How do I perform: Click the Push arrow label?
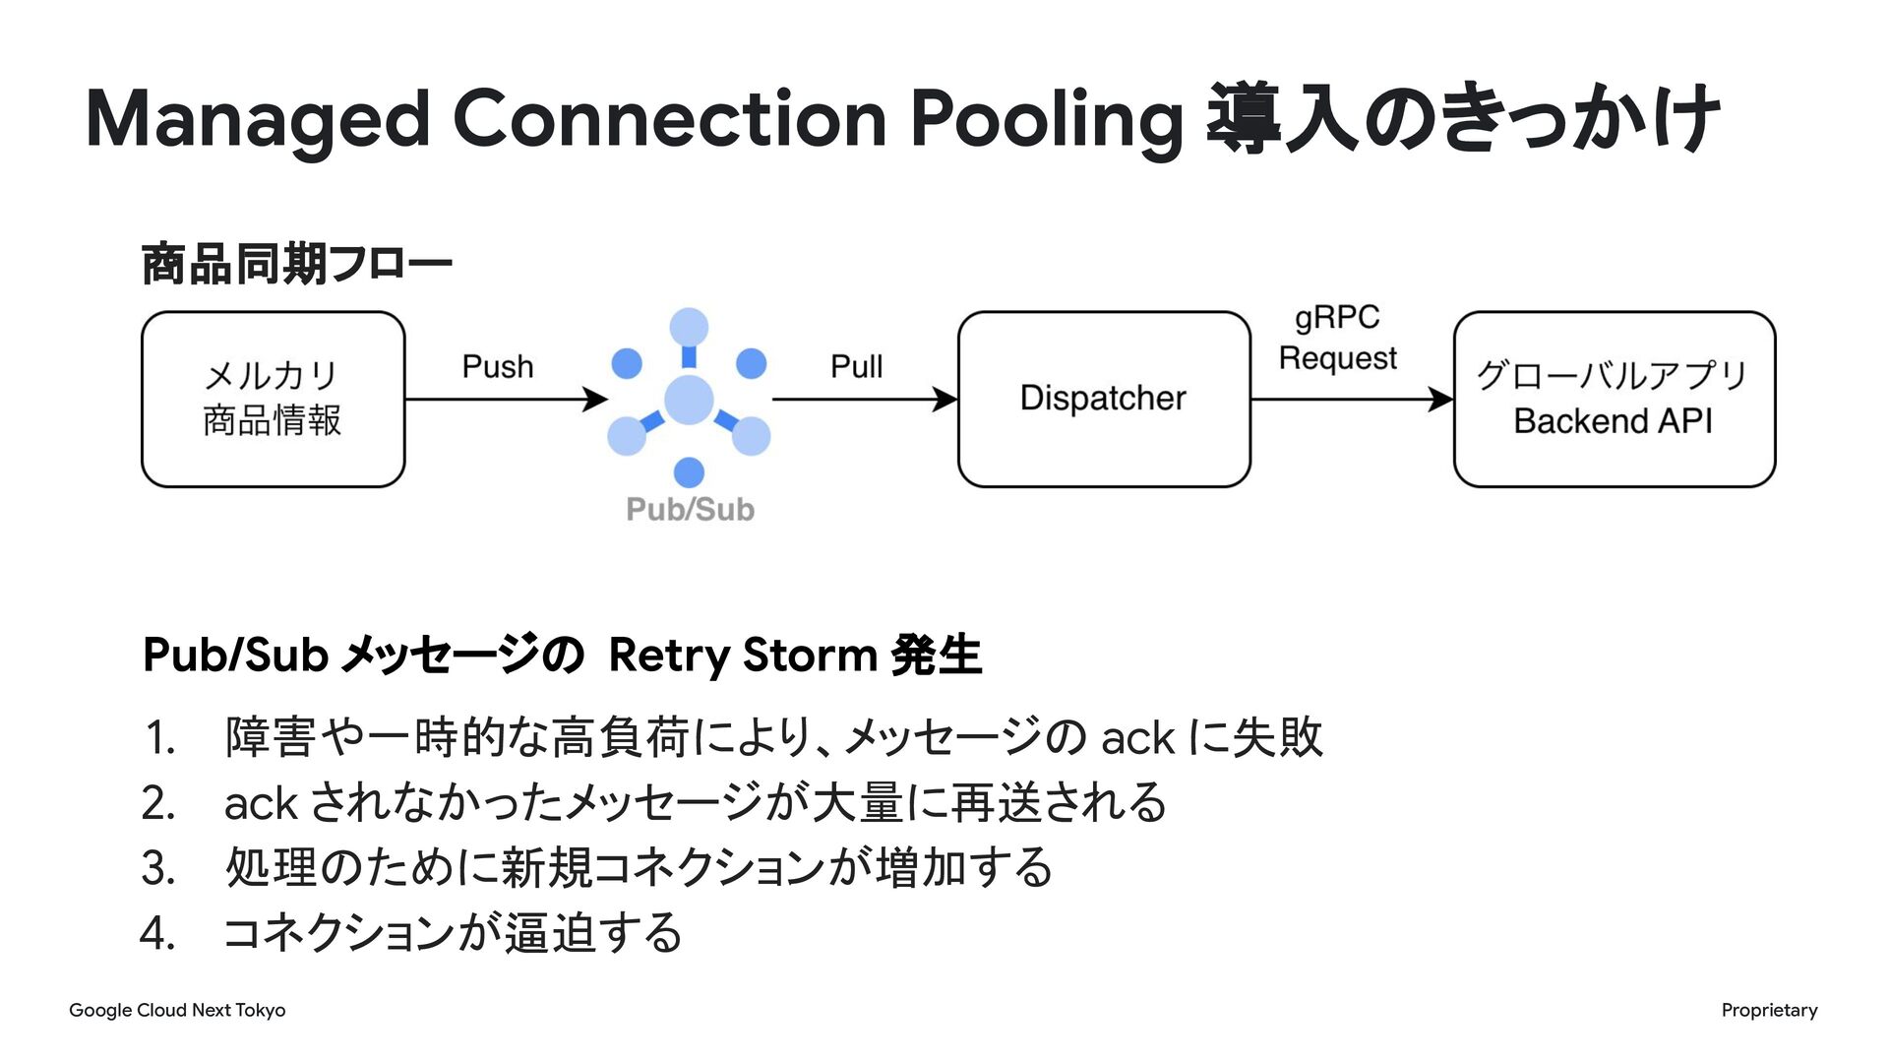(498, 366)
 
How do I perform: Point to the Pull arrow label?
(856, 366)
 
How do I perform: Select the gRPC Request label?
(1337, 338)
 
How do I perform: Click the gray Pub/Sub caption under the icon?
(690, 509)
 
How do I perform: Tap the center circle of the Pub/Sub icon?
(689, 399)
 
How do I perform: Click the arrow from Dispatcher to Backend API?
(1353, 399)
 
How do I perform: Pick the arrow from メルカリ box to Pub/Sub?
(507, 399)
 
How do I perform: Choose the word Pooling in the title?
(1046, 120)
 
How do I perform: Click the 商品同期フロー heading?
(297, 263)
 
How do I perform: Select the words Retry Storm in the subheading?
(743, 656)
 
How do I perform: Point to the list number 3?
(157, 868)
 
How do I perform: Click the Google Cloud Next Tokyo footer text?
(177, 1010)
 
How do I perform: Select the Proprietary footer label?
(1769, 1010)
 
